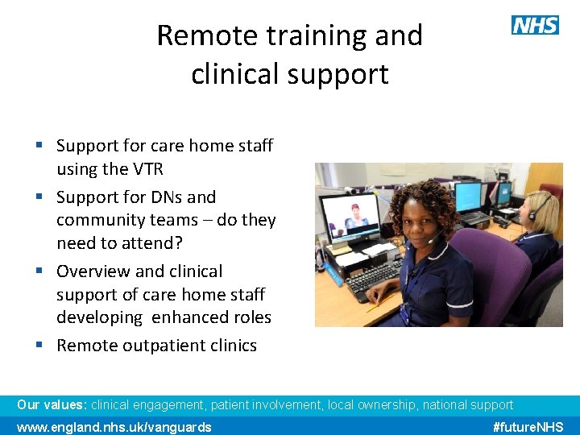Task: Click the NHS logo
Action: coord(535,25)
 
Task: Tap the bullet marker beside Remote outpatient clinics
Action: coord(39,345)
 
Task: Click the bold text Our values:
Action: coord(52,405)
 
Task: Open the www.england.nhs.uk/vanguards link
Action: coord(114,427)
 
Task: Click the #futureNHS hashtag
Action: coord(528,427)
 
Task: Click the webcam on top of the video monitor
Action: coord(351,192)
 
